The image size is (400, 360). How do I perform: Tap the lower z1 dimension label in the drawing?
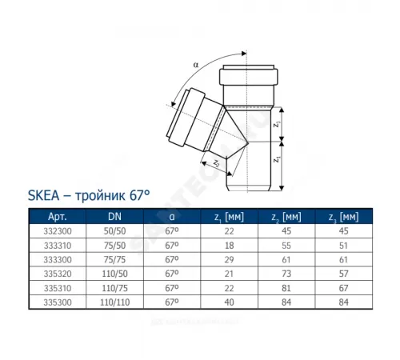[277, 159]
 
